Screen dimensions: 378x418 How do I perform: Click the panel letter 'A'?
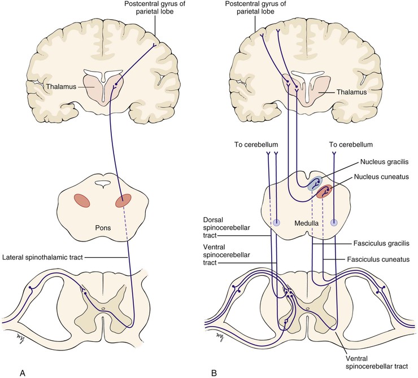pos(23,372)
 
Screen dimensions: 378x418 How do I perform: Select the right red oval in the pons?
pos(123,201)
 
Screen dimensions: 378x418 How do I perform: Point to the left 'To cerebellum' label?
pos(256,144)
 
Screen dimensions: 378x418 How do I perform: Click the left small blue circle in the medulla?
pos(276,223)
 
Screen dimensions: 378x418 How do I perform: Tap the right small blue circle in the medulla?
pos(334,223)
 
